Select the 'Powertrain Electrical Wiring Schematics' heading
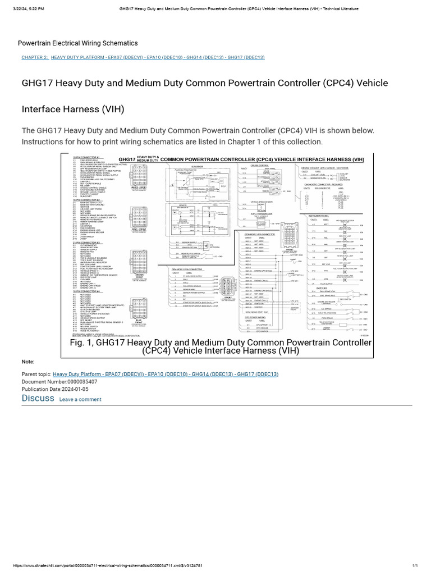coord(77,43)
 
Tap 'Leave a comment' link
coord(80,400)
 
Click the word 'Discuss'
coord(38,398)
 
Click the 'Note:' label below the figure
coord(28,362)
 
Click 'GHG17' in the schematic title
coord(127,159)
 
